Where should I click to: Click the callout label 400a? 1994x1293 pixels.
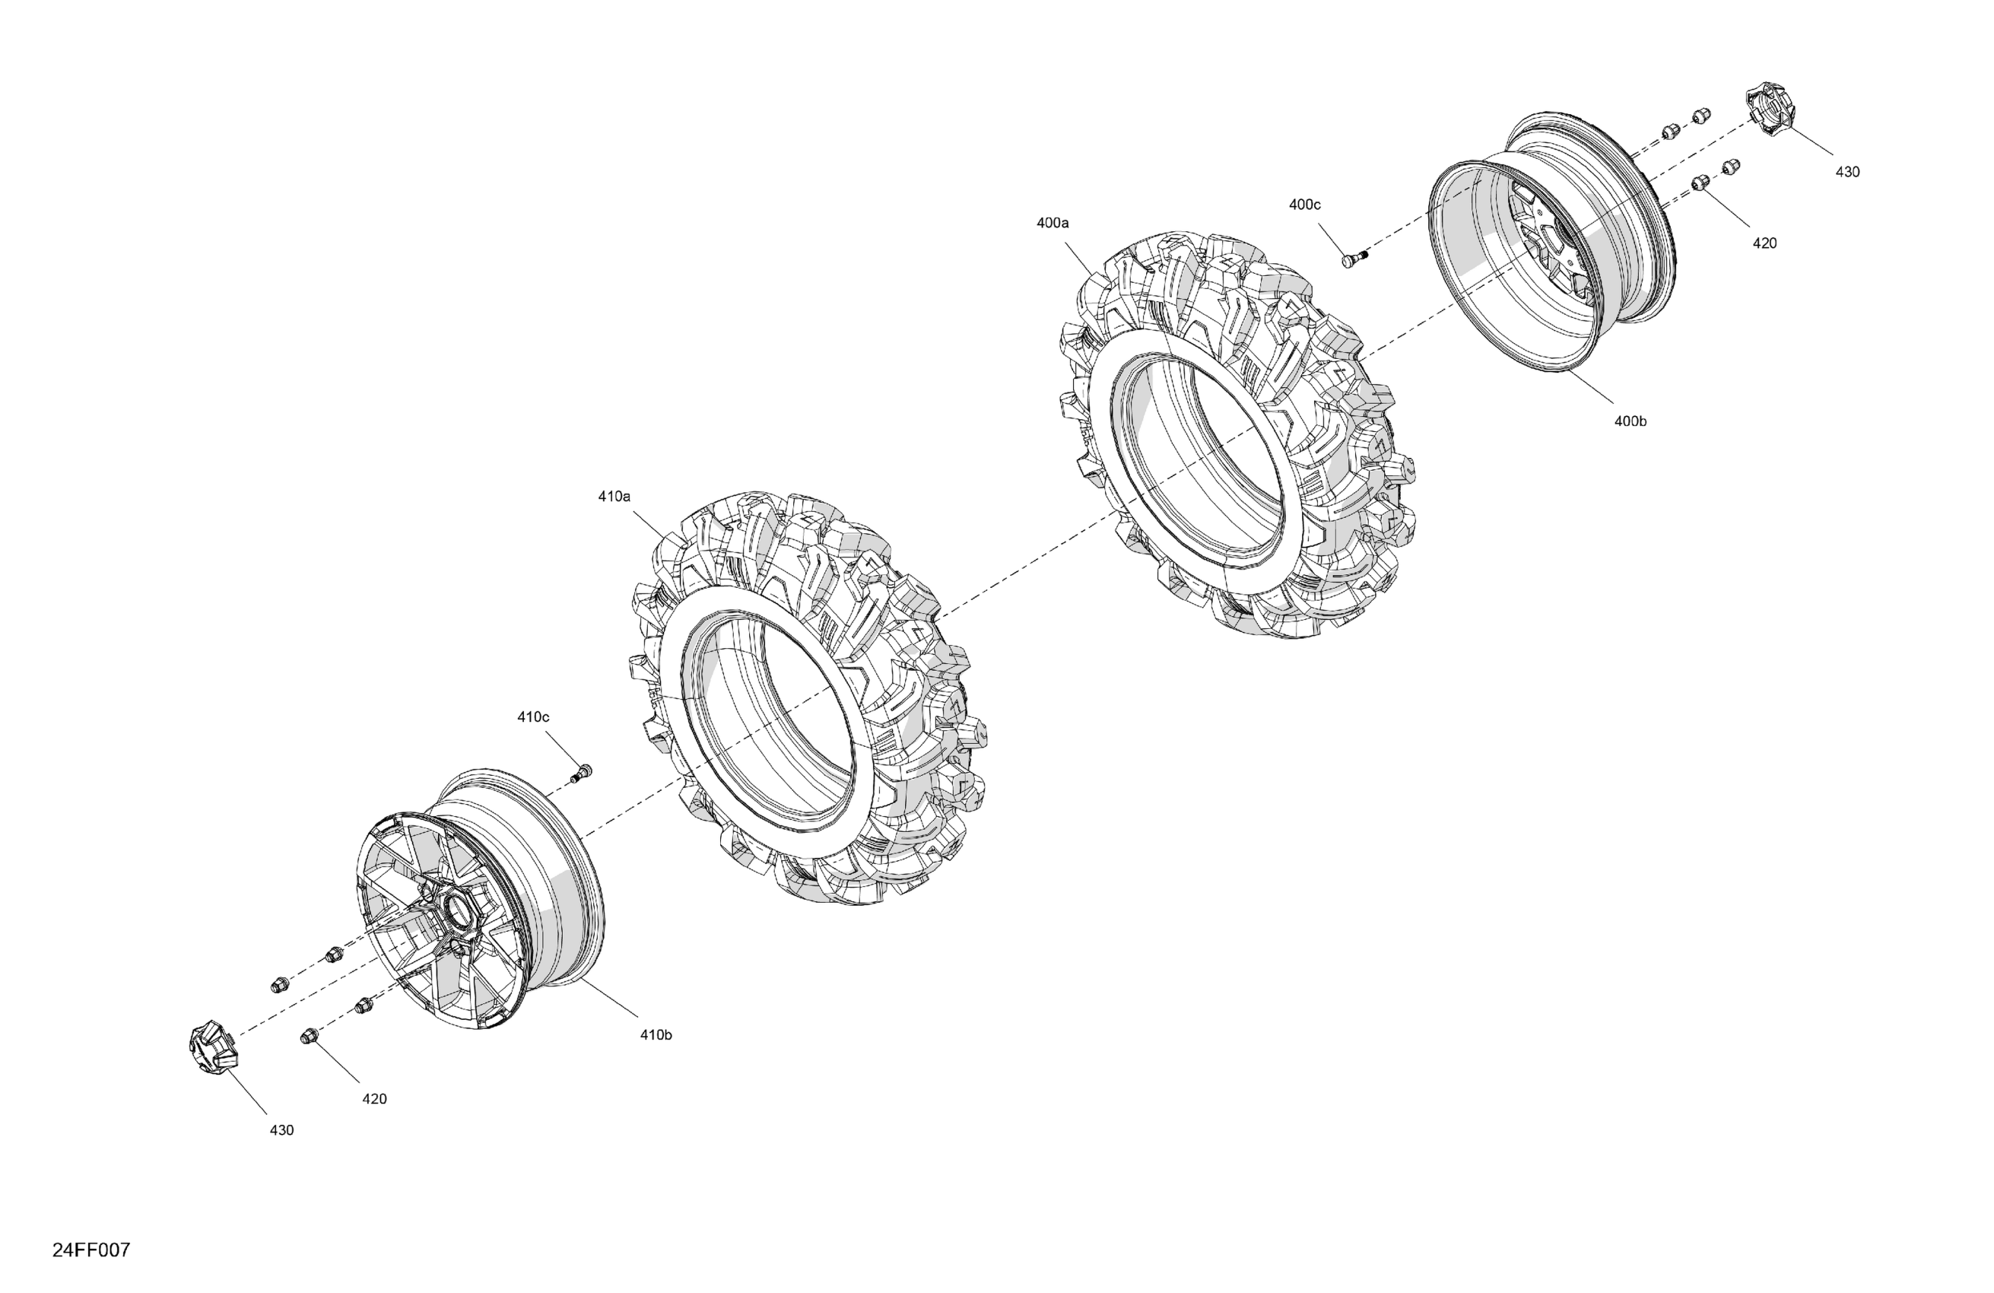tap(1053, 223)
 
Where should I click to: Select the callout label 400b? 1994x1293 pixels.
tap(1630, 421)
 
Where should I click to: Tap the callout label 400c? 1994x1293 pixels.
tap(1304, 205)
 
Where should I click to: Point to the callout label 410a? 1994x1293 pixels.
tap(614, 496)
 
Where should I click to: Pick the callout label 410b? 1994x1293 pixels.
tap(656, 1035)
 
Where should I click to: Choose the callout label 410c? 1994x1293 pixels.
tap(533, 716)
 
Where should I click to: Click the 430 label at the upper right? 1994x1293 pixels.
tap(1847, 172)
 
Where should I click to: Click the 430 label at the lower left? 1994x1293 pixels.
tap(281, 1130)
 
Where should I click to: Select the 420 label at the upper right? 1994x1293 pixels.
tap(1764, 243)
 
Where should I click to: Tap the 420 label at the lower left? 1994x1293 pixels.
tap(374, 1098)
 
